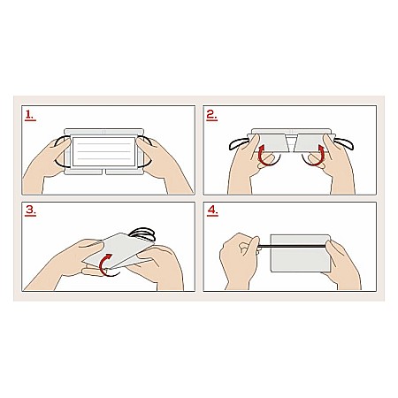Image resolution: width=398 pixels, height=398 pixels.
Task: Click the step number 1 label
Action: point(30,115)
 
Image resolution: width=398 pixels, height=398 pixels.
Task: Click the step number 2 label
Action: point(211,115)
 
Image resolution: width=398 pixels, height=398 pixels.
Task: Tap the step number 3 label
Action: point(31,210)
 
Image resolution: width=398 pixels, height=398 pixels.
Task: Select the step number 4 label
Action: point(212,210)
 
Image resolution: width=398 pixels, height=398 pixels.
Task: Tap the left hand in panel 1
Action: point(47,166)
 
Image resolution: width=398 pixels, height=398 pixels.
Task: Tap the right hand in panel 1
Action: point(164,165)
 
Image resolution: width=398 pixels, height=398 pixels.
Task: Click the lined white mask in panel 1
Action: point(103,151)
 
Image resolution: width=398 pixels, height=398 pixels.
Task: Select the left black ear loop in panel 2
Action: point(240,144)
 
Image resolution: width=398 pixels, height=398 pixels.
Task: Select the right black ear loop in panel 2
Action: point(344,144)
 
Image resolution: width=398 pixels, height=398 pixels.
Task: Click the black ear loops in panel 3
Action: point(143,233)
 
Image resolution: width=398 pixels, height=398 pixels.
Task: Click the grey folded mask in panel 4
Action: point(300,253)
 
